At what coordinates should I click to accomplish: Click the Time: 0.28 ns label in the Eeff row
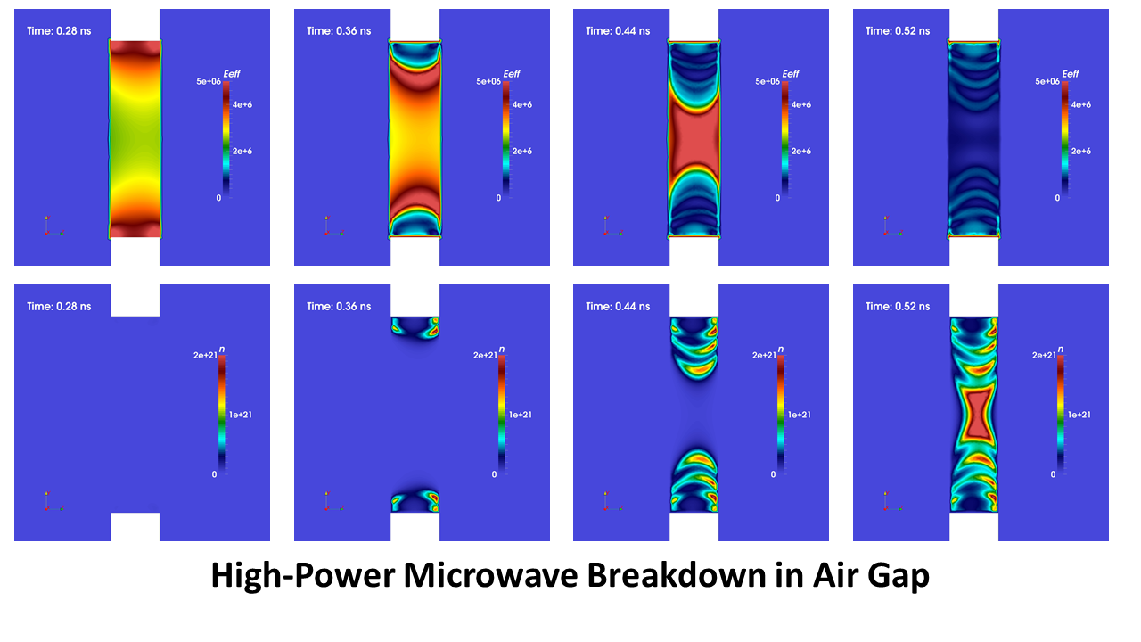pos(59,31)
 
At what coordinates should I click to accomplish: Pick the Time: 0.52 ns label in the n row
pos(898,307)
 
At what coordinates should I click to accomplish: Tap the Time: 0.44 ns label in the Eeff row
pos(618,31)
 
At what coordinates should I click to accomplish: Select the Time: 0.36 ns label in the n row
pos(339,307)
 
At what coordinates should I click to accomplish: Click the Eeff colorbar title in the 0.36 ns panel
pos(511,74)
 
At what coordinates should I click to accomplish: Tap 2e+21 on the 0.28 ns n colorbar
pos(204,356)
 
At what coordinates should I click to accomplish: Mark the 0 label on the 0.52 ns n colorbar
pos(1053,474)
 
